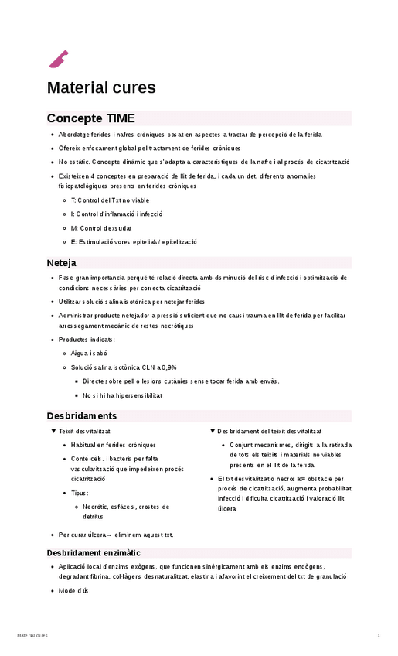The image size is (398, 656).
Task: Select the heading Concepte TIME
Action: coord(90,118)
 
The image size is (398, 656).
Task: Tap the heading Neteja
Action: coord(61,262)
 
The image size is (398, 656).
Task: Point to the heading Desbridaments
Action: coord(81,415)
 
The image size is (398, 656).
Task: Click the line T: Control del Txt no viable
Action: coord(110,200)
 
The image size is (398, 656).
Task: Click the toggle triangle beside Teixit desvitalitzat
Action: coord(53,431)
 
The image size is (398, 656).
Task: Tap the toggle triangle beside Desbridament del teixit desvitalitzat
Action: coord(213,431)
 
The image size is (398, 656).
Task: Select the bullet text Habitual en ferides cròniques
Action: coord(113,445)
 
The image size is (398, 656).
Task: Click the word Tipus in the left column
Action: coord(80,493)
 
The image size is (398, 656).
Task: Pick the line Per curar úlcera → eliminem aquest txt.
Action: coord(116,534)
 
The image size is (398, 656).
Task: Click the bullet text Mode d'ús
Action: coord(74,591)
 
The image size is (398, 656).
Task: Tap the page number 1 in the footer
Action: coord(379,636)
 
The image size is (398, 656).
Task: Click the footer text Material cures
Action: coord(32,636)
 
